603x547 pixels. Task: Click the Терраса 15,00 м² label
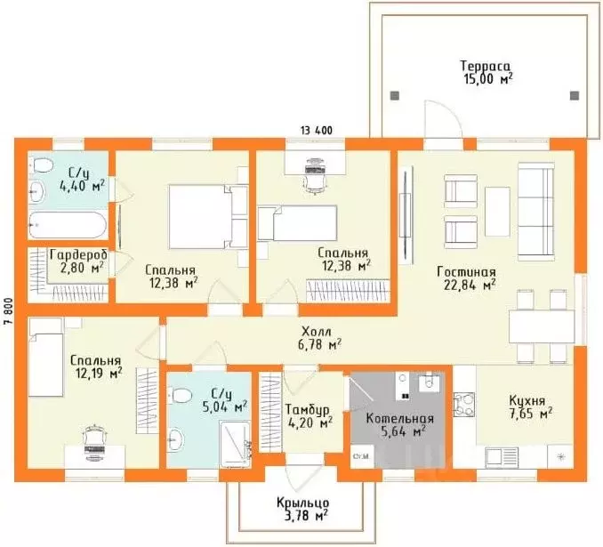[x=486, y=72]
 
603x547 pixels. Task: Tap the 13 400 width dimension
[x=317, y=131]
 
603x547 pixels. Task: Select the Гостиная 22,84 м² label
[x=466, y=278]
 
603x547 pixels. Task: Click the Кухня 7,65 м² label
[x=531, y=407]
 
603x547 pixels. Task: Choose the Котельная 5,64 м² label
[x=399, y=425]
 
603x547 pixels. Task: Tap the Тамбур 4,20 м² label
[x=309, y=416]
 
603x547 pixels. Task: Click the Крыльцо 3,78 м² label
[x=302, y=509]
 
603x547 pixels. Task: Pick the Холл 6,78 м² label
[x=320, y=338]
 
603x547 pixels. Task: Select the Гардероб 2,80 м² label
[x=78, y=261]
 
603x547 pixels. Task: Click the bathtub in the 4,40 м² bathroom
[x=68, y=225]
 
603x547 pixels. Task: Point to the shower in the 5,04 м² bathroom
[x=235, y=445]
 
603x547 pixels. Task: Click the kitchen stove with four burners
[x=464, y=405]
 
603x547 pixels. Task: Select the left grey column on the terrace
[x=395, y=95]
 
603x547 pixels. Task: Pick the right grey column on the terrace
[x=575, y=95]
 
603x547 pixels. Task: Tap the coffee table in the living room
[x=497, y=211]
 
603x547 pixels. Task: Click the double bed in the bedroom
[x=208, y=216]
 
